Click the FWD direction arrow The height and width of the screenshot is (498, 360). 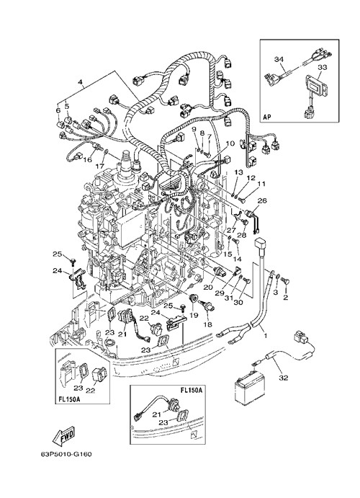point(64,435)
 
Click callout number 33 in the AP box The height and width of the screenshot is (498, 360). point(322,68)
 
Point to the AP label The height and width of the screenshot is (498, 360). point(267,117)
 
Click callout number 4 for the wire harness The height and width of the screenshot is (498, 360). point(81,83)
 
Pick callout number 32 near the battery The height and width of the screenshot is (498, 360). point(284,378)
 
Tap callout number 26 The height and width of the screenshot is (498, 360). point(262,201)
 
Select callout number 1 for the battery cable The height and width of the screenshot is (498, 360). point(265,335)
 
